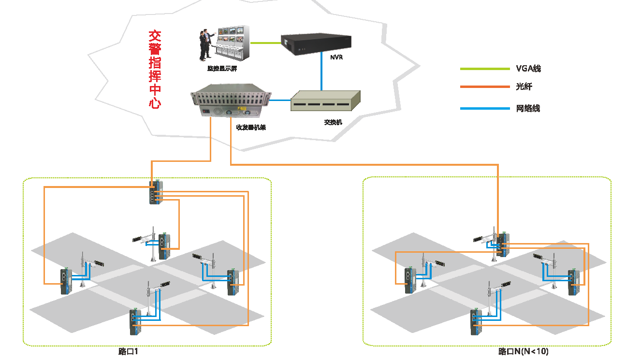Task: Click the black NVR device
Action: click(316, 44)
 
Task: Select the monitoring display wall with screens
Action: click(233, 43)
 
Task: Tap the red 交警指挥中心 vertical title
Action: click(155, 70)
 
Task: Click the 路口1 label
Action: click(128, 352)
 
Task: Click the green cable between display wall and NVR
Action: click(265, 43)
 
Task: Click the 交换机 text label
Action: click(333, 122)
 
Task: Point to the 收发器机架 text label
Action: click(251, 128)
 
